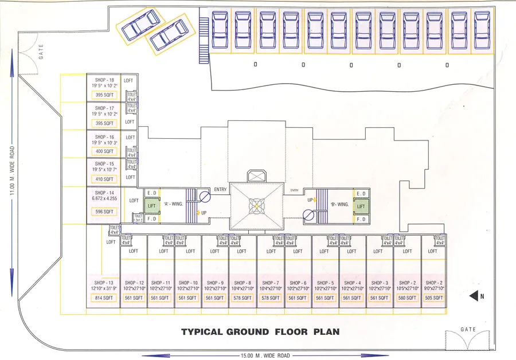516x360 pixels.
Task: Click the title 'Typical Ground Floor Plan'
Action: tap(260, 332)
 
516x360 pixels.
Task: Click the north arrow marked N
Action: tap(476, 296)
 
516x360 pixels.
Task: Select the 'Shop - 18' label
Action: tap(104, 80)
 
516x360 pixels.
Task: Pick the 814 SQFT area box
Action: tap(103, 298)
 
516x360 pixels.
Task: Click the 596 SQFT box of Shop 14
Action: tap(104, 212)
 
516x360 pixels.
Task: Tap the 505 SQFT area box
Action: tap(434, 298)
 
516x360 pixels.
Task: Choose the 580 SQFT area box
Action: tap(406, 298)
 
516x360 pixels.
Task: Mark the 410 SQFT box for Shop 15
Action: tap(104, 179)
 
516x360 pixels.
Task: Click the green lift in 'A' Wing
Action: tap(152, 206)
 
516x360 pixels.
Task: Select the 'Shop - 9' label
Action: tap(215, 283)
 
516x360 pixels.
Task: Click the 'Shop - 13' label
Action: tap(103, 283)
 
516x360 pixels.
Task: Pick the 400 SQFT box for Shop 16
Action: tap(104, 151)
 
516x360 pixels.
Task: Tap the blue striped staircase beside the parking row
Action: tap(203, 40)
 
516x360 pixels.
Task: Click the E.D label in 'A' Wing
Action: tap(152, 193)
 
